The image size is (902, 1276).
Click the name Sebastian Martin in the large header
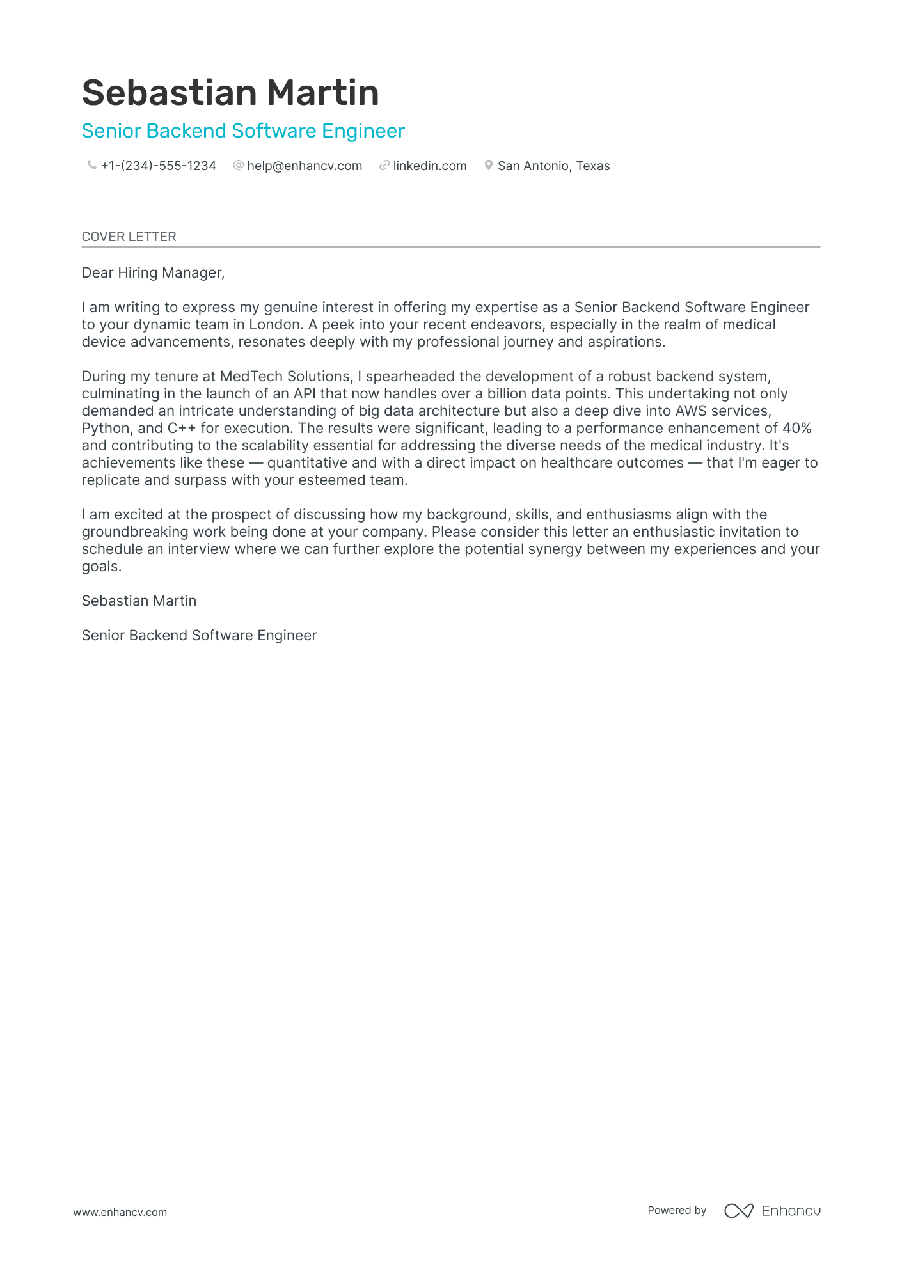230,93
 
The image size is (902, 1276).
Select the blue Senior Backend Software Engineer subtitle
243,131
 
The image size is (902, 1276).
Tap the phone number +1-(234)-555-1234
158,166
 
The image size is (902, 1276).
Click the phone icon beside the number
91,166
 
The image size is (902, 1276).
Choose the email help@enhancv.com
305,166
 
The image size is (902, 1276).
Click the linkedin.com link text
429,166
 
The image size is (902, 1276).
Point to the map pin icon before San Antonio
489,166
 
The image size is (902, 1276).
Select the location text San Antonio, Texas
553,166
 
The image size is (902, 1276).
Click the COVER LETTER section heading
129,237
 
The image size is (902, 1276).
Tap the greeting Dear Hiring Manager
153,273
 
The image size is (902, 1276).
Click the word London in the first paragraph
274,325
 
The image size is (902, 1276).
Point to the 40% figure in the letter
796,429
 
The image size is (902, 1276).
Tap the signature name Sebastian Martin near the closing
139,601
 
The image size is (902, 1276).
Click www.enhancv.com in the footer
120,1212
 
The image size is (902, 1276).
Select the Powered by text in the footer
676,1210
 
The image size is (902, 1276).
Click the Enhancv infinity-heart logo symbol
739,1211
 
